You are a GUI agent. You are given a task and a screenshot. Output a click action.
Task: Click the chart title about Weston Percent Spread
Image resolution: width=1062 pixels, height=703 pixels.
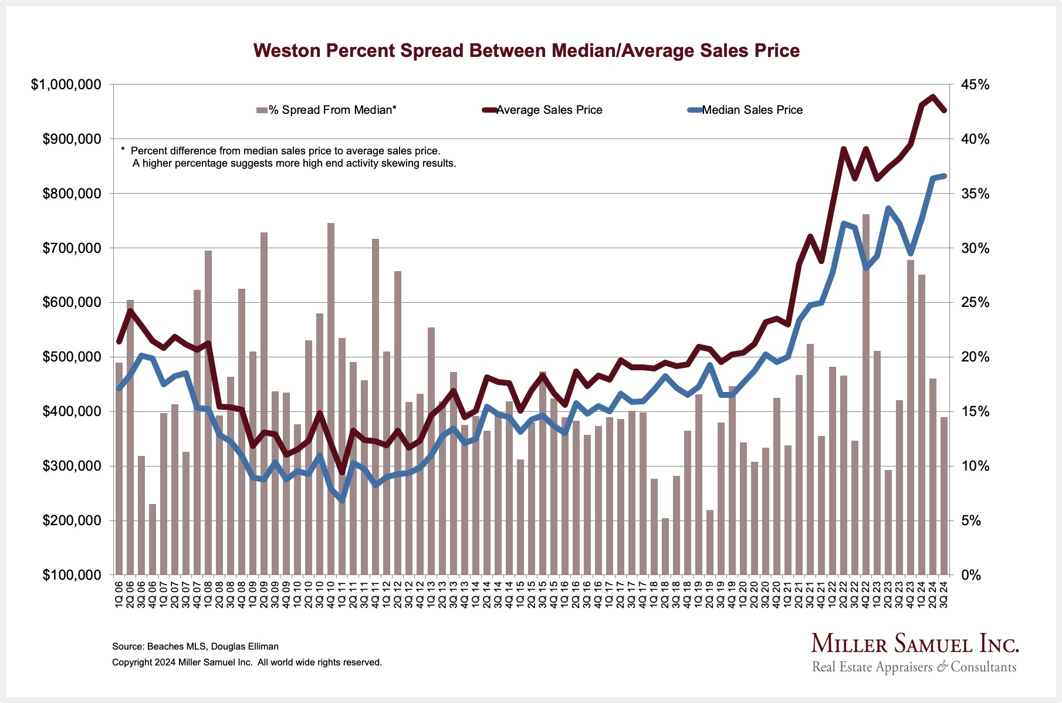pyautogui.click(x=526, y=50)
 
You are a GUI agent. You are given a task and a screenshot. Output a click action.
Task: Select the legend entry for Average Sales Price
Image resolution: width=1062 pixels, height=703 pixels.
pyautogui.click(x=549, y=110)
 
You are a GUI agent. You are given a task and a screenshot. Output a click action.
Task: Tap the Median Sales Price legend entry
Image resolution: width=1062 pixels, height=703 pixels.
pyautogui.click(x=752, y=110)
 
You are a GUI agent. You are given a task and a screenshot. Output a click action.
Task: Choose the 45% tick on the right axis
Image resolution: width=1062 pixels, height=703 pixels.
pyautogui.click(x=975, y=85)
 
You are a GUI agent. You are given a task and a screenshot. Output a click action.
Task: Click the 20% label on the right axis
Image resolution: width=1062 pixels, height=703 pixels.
pyautogui.click(x=975, y=357)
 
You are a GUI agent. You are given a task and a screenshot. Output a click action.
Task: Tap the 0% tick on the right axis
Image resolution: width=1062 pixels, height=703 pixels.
pyautogui.click(x=971, y=575)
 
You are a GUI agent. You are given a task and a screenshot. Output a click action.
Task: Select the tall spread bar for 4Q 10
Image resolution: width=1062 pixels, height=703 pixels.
pyautogui.click(x=331, y=399)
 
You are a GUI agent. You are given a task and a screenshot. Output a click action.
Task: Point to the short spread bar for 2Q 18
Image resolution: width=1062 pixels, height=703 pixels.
pyautogui.click(x=665, y=546)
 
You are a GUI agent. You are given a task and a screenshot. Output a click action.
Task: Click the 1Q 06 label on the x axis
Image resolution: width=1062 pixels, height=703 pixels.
pyautogui.click(x=119, y=594)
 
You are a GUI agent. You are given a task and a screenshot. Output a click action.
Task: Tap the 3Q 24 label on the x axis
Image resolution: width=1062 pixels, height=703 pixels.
pyautogui.click(x=944, y=594)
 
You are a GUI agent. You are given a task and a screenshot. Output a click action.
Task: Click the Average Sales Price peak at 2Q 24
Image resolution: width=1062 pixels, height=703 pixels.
pyautogui.click(x=933, y=97)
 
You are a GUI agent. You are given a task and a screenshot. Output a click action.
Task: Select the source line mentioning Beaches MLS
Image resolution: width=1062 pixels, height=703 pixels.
pyautogui.click(x=195, y=646)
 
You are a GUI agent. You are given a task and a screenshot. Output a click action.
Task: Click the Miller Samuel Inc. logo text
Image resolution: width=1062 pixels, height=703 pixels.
pyautogui.click(x=915, y=644)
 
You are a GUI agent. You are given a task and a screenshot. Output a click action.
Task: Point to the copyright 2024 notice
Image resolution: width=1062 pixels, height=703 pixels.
pyautogui.click(x=247, y=662)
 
